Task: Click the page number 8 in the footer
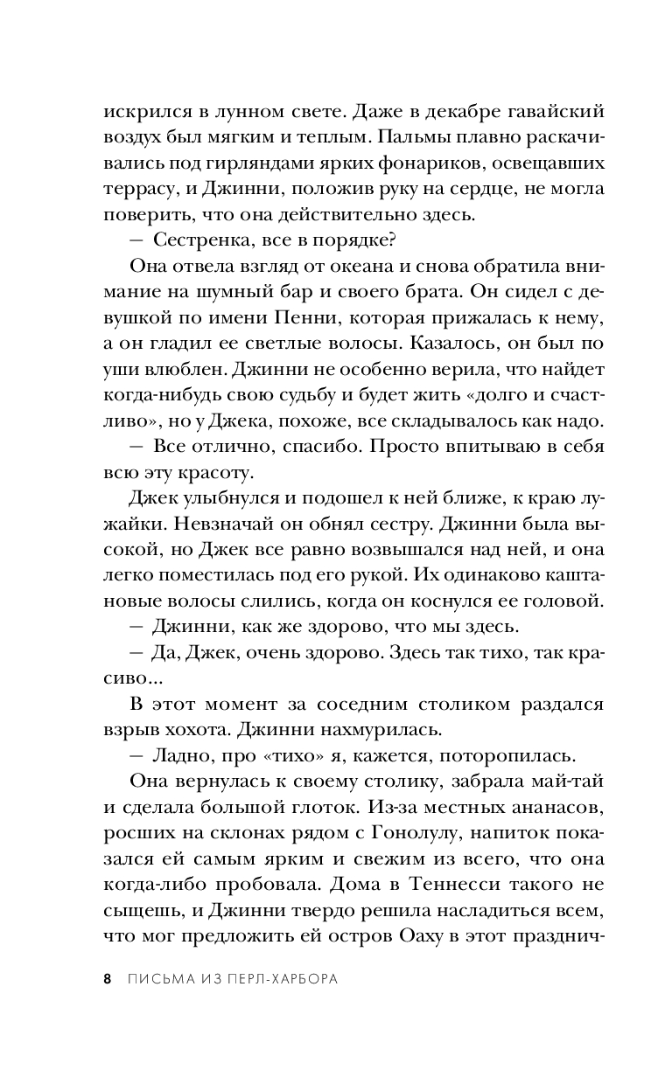click(x=107, y=979)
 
